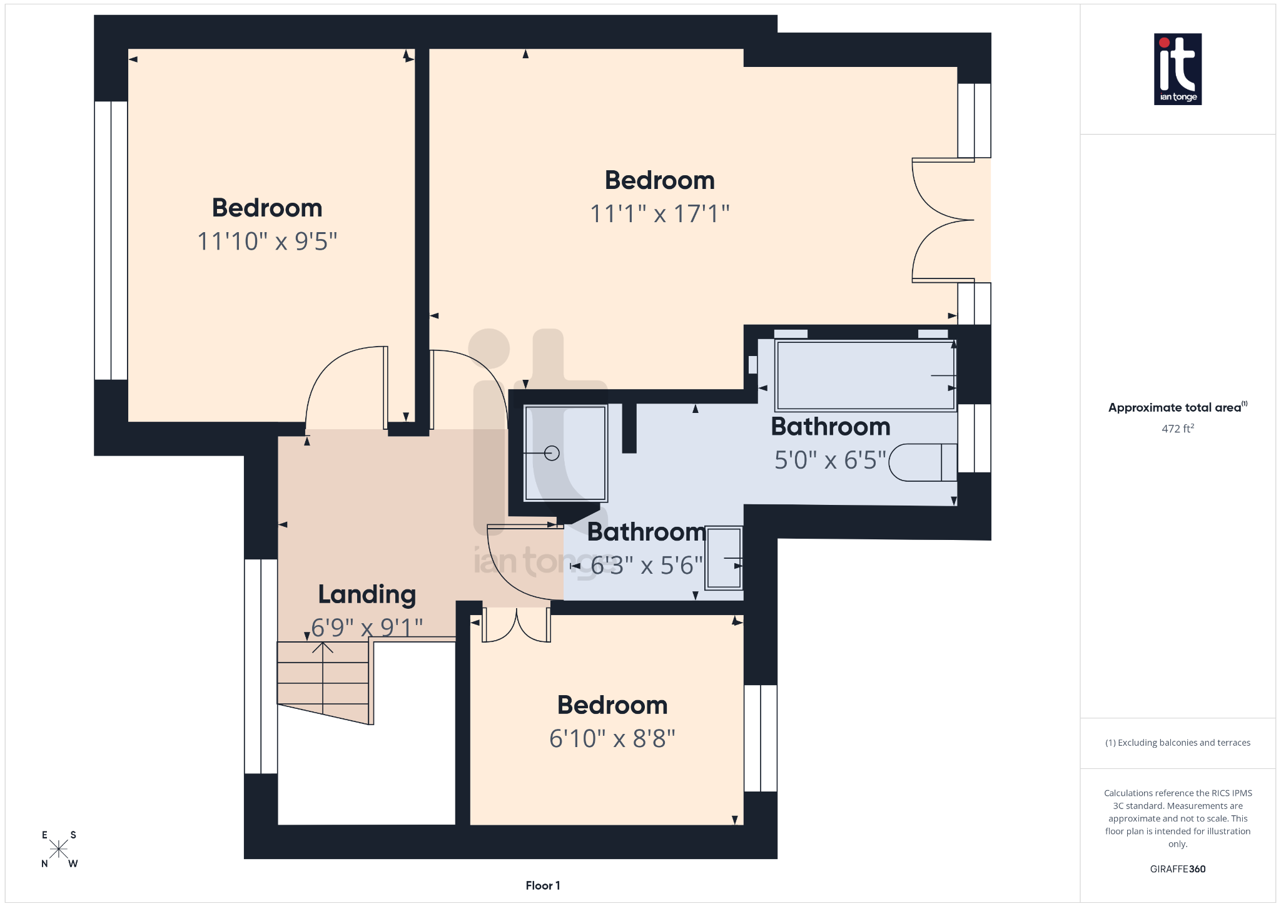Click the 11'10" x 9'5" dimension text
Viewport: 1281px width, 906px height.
pos(267,242)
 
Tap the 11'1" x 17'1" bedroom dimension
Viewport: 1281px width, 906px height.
pos(660,214)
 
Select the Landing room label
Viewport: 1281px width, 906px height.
pos(367,594)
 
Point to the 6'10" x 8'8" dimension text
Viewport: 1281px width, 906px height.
pos(612,739)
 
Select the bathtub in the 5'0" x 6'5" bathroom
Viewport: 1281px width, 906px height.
pos(865,375)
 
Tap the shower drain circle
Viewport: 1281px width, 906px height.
pos(552,453)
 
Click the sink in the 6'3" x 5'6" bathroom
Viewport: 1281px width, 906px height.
pos(724,558)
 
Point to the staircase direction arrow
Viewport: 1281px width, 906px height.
pos(323,648)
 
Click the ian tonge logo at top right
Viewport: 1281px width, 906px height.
pos(1177,69)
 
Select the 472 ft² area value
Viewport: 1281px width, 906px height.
pos(1177,429)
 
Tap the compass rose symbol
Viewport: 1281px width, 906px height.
pos(59,849)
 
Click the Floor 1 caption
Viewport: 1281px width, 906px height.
pos(542,885)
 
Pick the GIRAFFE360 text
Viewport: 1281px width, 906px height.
pos(1177,869)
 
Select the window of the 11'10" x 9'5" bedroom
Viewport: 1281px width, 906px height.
pos(111,240)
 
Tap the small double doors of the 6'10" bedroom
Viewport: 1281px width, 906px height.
pos(516,625)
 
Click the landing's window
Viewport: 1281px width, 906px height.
pos(261,666)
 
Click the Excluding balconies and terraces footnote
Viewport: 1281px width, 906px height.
pos(1177,743)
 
